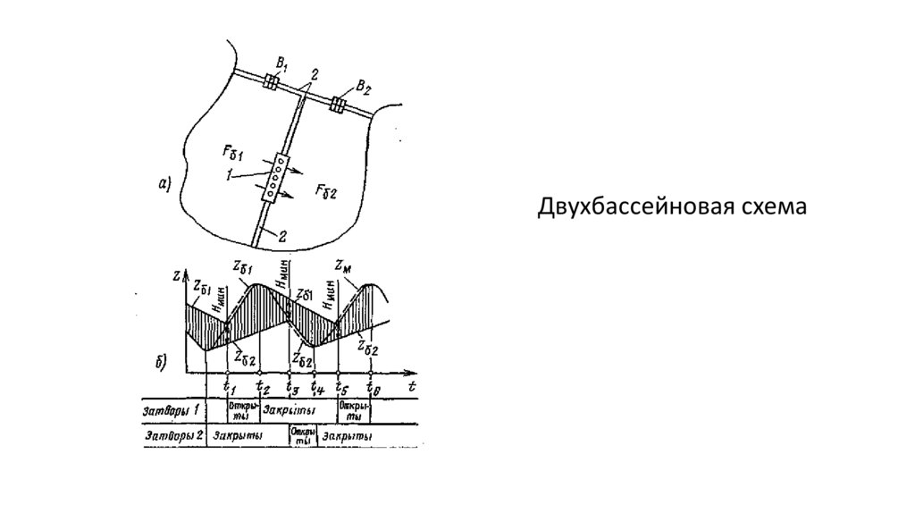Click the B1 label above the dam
tap(282, 64)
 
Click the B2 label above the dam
tap(362, 86)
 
